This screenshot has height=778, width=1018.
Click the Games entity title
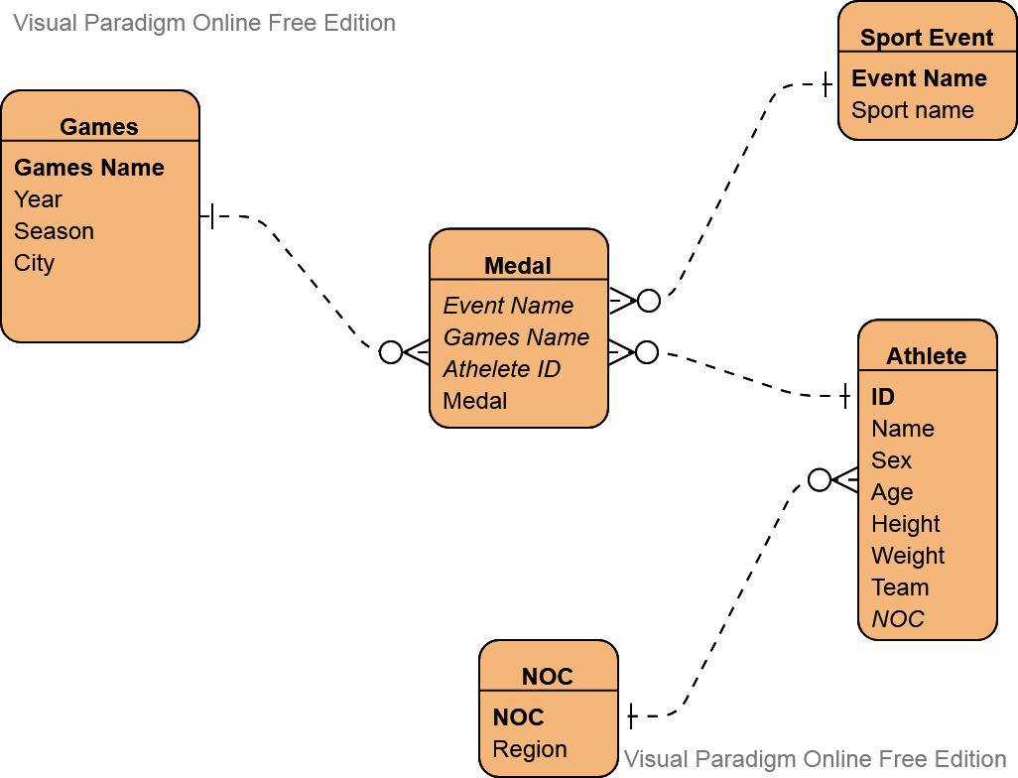[x=98, y=126]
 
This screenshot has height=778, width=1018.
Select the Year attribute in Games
[x=38, y=199]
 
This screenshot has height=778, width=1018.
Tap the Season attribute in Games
[x=54, y=231]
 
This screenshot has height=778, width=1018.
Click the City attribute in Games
[x=34, y=263]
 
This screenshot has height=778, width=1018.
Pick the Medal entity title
[x=517, y=265]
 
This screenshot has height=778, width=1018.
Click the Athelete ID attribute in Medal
[x=501, y=369]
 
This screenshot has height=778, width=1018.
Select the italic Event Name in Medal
[x=508, y=306]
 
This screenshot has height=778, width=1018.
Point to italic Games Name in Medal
[x=516, y=337]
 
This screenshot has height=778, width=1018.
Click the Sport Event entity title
[x=926, y=38]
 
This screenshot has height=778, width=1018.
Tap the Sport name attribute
[x=912, y=110]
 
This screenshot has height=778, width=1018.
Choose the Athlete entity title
[x=926, y=355]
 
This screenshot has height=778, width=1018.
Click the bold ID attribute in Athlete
[x=883, y=397]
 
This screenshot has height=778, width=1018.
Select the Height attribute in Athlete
[x=905, y=524]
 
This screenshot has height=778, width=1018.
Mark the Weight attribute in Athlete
[x=908, y=556]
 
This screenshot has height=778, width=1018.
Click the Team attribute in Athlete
[x=900, y=587]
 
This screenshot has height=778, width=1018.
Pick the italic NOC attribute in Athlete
[x=897, y=619]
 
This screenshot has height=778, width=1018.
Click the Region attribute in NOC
[x=530, y=749]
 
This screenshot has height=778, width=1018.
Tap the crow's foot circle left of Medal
[x=391, y=352]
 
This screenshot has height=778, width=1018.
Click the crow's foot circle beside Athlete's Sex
[x=820, y=480]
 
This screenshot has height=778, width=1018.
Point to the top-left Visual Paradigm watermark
[x=204, y=23]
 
